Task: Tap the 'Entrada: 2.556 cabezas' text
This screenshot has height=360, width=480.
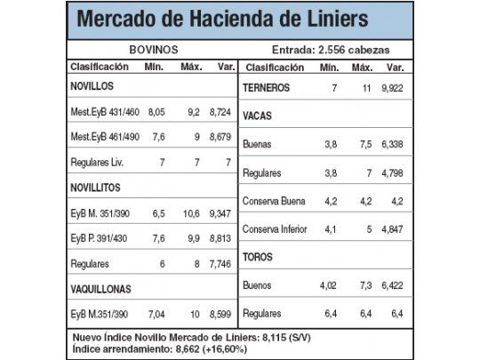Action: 330,50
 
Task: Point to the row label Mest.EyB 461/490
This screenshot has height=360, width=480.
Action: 105,138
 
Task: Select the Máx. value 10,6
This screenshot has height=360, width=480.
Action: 192,213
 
